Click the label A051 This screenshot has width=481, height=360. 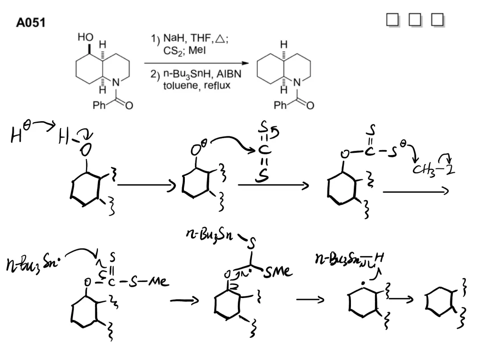point(31,23)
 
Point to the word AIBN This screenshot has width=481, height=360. point(230,74)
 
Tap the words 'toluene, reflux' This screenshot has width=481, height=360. point(196,85)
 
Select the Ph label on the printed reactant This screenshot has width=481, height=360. point(99,106)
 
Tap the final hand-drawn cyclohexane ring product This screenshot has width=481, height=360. point(439,303)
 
